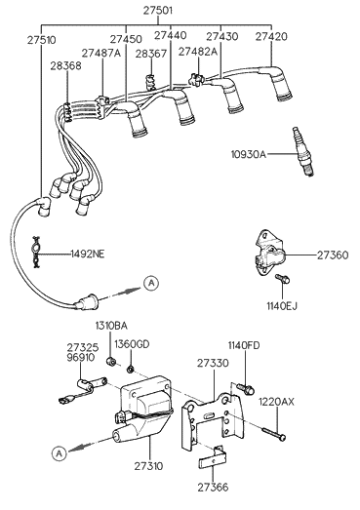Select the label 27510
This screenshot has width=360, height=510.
(x=41, y=41)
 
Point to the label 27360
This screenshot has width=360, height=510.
(x=332, y=255)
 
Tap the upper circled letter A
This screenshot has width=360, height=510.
(x=151, y=283)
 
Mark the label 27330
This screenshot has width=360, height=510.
(x=212, y=362)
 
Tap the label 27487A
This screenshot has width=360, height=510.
(x=100, y=53)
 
